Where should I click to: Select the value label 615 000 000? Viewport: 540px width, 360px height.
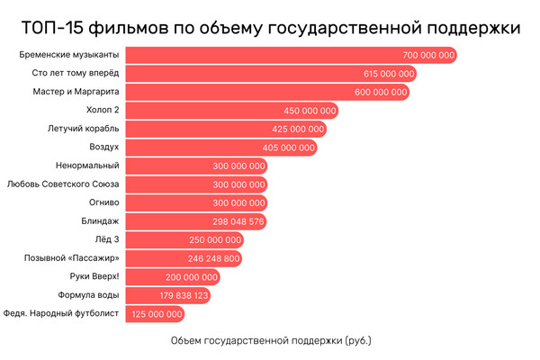coord(389,74)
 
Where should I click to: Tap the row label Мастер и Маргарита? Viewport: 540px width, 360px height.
coord(79,92)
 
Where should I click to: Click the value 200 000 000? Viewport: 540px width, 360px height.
coord(192,276)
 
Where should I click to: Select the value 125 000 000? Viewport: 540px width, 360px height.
coord(157,313)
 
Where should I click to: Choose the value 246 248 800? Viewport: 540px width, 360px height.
coord(214,257)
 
